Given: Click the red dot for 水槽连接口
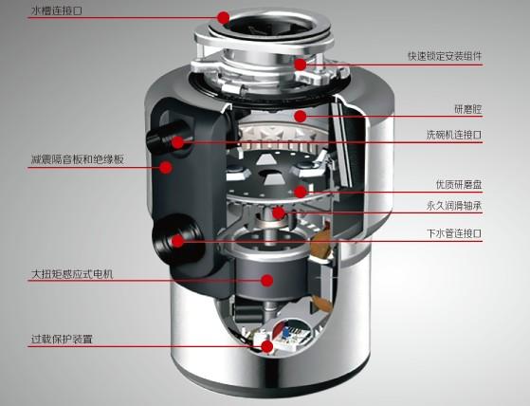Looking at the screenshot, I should point(223,17).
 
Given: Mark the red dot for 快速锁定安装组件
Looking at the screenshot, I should point(300,65).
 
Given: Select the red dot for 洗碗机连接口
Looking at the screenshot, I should point(177,142).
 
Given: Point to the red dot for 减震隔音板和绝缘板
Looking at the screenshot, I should point(166,168).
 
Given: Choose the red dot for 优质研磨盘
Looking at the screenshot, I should point(301,192).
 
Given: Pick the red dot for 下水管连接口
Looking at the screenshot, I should point(177,242).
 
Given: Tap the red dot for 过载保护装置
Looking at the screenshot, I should point(266,346).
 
